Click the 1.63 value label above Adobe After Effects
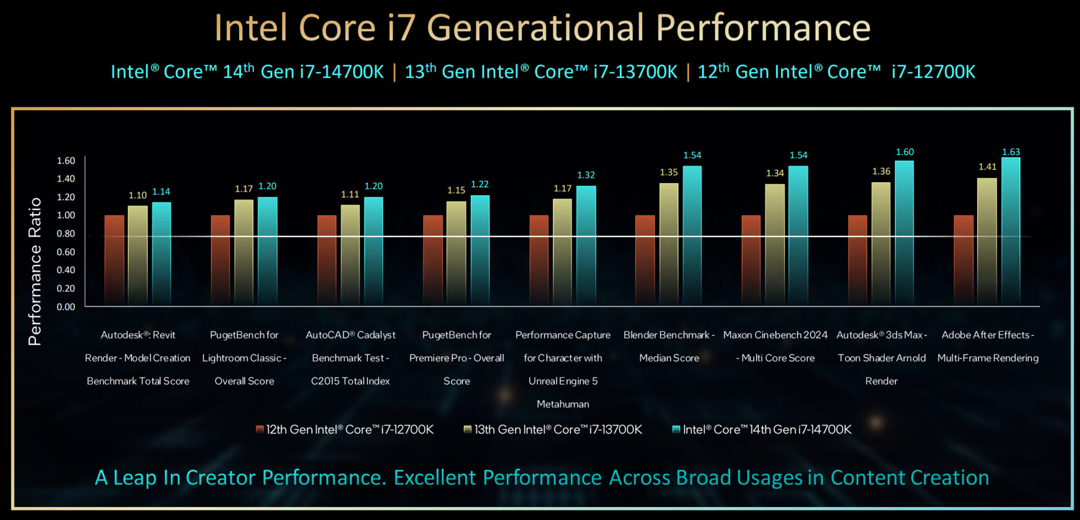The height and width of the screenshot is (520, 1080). [x=1011, y=152]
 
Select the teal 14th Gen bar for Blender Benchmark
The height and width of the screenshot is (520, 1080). [x=692, y=236]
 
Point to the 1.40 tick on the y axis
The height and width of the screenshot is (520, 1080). [x=66, y=179]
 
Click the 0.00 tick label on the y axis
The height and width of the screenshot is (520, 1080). [x=66, y=307]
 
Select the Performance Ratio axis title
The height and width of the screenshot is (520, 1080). [x=35, y=271]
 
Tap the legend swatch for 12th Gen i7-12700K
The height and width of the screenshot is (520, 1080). [x=259, y=429]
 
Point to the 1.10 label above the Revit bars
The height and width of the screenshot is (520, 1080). [x=137, y=196]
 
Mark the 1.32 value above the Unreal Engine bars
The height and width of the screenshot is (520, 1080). [x=586, y=175]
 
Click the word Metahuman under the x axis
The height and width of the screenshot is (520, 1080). [x=562, y=404]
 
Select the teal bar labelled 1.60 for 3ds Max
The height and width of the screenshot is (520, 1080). [x=904, y=233]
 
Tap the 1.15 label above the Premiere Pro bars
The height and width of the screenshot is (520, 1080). [x=456, y=191]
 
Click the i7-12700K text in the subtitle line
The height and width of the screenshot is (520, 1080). [x=933, y=72]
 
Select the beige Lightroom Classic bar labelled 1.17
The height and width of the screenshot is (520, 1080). [x=244, y=253]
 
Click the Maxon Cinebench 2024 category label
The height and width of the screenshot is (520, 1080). [x=775, y=335]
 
